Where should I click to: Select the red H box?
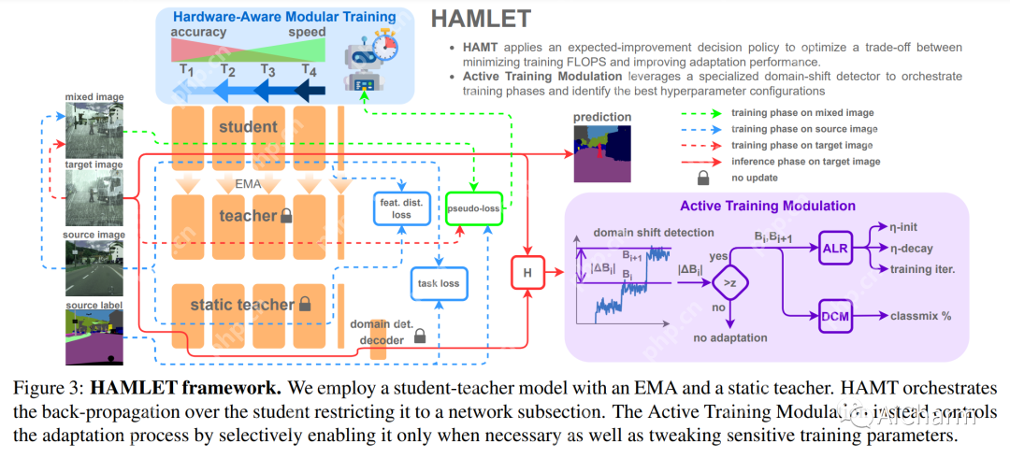527,272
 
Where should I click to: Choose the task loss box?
438,281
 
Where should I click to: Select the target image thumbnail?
94,197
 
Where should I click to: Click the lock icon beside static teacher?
304,305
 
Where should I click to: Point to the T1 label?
186,69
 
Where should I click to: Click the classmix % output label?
920,316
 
